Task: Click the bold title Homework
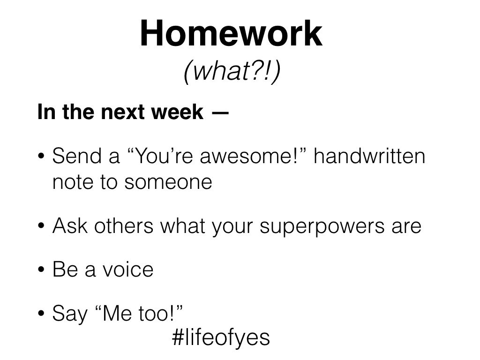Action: (231, 33)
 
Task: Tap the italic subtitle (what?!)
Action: (232, 71)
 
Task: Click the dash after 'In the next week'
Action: (220, 112)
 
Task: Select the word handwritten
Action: (369, 156)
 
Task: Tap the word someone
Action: (168, 182)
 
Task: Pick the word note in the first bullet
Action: (73, 182)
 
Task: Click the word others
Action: (124, 225)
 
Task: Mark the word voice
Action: (127, 270)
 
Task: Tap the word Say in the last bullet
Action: (70, 314)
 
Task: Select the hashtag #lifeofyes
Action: (221, 337)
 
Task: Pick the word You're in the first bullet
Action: (163, 156)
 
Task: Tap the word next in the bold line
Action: (121, 112)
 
